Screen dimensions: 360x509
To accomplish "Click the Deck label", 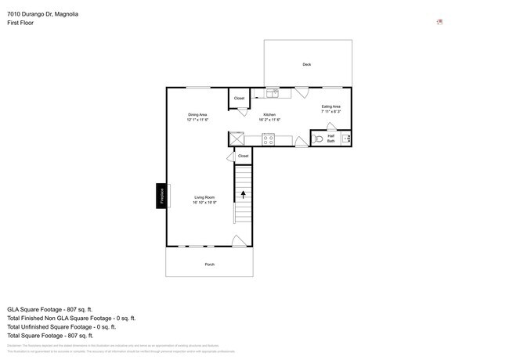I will (306, 64).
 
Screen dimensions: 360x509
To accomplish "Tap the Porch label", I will (209, 265).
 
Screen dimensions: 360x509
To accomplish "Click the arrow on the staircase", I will (243, 193).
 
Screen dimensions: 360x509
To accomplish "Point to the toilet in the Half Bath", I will (317, 139).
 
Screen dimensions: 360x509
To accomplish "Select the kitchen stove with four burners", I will (268, 139).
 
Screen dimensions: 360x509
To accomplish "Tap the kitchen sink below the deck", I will (273, 93).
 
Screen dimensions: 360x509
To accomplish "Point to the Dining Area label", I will (197, 115).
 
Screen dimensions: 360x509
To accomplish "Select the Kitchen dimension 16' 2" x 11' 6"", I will (269, 120).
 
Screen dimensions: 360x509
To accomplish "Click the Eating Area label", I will (330, 106).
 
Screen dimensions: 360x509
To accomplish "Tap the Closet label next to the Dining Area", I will (239, 99).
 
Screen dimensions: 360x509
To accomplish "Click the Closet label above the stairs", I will (243, 156).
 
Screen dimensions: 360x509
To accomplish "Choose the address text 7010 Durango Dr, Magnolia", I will (43, 14).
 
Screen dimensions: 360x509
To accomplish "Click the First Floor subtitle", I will (20, 23).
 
